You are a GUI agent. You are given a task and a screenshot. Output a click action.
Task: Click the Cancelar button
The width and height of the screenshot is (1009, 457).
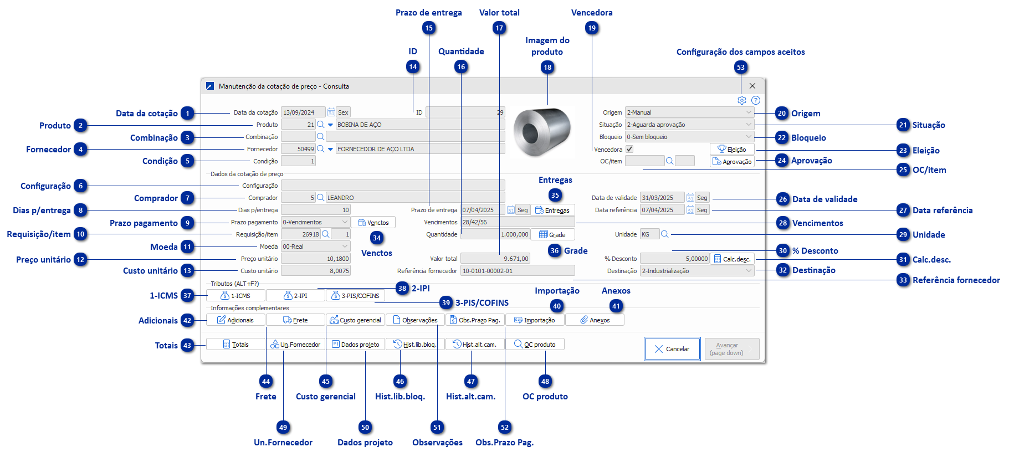click(672, 349)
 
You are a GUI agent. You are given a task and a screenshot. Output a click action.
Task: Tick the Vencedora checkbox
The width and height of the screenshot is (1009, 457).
click(629, 149)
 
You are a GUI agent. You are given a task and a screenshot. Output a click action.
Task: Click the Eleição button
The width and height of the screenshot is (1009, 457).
click(732, 149)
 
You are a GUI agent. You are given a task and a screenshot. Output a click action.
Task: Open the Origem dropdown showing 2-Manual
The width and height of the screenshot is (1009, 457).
click(689, 112)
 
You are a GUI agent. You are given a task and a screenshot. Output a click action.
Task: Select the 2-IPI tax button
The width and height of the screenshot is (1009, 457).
click(295, 296)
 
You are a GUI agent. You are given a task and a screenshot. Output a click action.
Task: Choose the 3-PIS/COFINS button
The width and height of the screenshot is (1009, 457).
click(355, 296)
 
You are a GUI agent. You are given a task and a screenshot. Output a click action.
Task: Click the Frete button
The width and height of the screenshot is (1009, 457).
click(295, 320)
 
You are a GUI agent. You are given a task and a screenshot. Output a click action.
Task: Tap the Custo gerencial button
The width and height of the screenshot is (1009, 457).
click(355, 320)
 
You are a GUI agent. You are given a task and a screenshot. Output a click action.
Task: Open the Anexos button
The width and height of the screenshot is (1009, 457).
click(595, 320)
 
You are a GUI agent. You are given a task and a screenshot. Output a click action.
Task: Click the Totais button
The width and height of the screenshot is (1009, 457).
click(235, 345)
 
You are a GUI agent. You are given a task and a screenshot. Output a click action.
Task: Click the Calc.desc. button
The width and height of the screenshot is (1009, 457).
click(732, 259)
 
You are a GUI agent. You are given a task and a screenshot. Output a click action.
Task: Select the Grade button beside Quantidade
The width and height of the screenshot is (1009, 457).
click(552, 234)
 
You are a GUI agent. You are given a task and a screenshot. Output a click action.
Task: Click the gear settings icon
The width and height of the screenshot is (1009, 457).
click(742, 100)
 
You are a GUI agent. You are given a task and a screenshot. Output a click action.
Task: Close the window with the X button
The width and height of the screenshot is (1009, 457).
click(752, 86)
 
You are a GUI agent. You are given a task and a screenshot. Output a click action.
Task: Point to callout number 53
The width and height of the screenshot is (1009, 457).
click(741, 68)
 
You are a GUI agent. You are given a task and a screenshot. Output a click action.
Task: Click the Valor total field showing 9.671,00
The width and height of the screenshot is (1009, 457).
click(495, 259)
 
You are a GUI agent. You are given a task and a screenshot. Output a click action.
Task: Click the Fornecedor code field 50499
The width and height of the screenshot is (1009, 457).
click(298, 149)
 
